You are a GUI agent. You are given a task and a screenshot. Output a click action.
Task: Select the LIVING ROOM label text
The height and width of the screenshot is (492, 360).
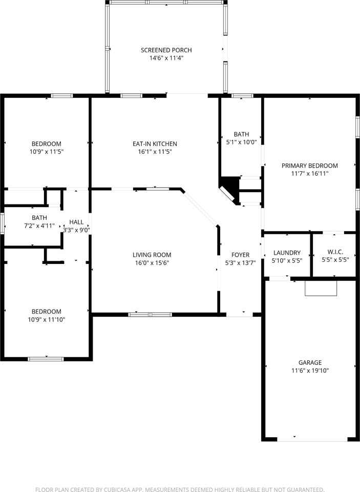click(x=152, y=255)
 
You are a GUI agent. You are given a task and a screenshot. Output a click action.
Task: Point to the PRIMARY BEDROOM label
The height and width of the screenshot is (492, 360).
click(x=309, y=166)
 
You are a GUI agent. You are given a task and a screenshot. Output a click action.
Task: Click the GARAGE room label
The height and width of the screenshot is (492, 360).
click(x=310, y=362)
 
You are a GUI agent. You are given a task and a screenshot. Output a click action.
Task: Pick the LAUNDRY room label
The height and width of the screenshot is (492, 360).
click(x=287, y=253)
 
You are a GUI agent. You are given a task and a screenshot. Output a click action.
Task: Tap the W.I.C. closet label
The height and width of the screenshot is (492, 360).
click(x=335, y=252)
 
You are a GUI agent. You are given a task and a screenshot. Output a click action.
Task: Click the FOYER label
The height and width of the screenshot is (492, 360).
click(x=240, y=255)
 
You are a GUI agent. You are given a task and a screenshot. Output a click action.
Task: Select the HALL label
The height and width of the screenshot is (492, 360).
click(x=76, y=222)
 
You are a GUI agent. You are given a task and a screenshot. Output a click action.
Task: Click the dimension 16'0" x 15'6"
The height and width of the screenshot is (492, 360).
click(x=152, y=263)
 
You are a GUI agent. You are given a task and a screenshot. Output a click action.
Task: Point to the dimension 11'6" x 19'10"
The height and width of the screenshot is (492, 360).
click(x=310, y=371)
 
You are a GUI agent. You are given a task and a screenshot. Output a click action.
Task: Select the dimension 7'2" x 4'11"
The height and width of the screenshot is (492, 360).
click(x=39, y=225)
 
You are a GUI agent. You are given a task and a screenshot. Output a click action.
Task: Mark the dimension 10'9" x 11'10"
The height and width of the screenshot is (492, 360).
click(x=46, y=320)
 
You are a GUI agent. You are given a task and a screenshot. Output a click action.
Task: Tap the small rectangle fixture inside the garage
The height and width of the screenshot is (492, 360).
click(x=321, y=288)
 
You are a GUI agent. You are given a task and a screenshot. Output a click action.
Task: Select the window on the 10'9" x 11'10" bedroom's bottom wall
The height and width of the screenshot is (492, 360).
click(x=46, y=359)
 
